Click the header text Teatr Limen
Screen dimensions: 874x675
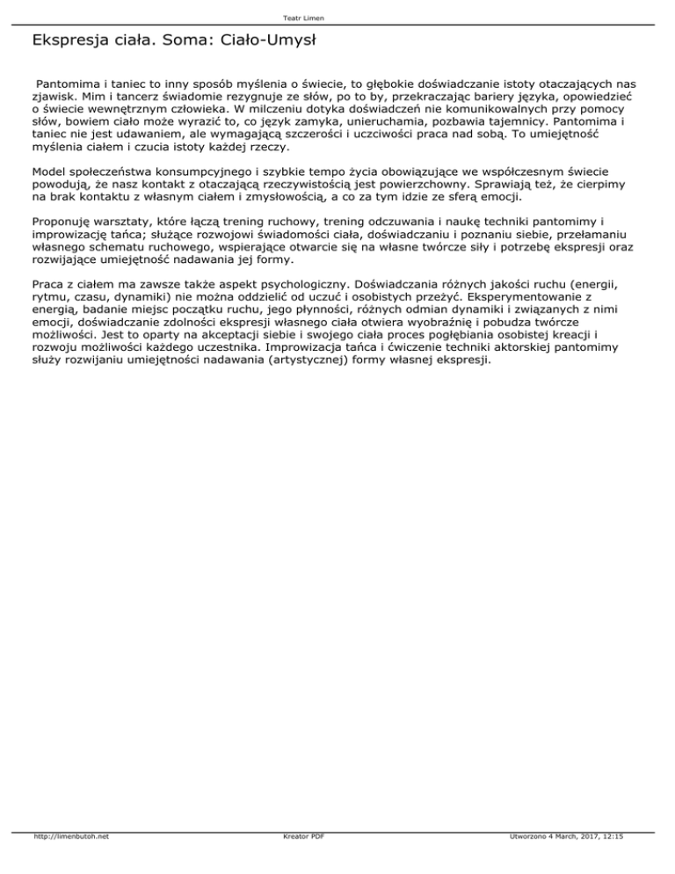[337, 18]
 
